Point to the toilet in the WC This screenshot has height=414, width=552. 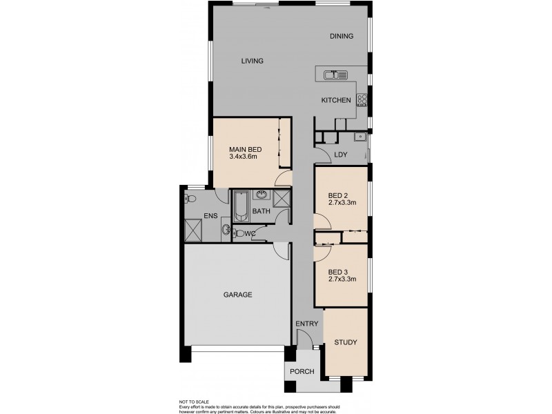point(237,233)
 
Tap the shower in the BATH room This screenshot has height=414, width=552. point(282,199)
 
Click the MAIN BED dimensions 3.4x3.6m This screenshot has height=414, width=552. point(243,157)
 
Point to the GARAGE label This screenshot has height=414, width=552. point(237,295)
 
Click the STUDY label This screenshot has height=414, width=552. point(345,342)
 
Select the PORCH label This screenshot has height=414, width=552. point(302,372)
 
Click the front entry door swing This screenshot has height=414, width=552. point(304,338)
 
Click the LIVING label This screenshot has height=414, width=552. point(253,61)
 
